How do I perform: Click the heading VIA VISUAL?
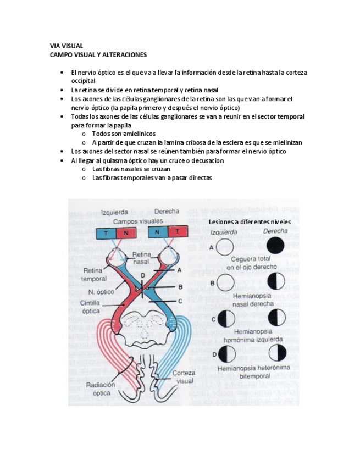pos(66,46)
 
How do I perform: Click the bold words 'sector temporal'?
pos(281,116)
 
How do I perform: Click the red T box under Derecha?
pos(178,232)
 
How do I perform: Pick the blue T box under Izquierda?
pos(105,232)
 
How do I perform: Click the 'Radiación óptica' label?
pos(101,389)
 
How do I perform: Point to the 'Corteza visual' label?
pos(184,377)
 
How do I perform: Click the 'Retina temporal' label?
pos(94,275)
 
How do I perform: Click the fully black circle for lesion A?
pos(275,245)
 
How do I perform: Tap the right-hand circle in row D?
pos(275,353)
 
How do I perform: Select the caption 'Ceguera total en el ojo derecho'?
pos(251,263)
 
